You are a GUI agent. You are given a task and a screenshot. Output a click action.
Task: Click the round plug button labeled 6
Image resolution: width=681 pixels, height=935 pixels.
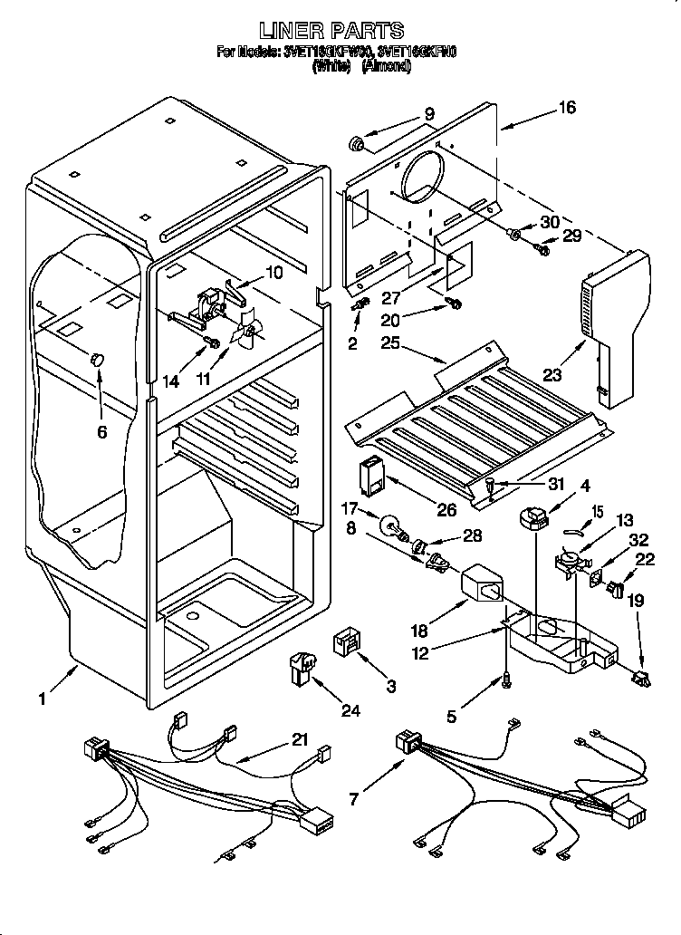(95, 361)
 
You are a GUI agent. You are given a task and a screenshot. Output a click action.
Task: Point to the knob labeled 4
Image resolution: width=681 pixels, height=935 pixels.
(534, 519)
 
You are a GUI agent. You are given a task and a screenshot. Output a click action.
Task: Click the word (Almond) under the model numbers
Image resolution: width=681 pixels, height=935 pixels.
(386, 66)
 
